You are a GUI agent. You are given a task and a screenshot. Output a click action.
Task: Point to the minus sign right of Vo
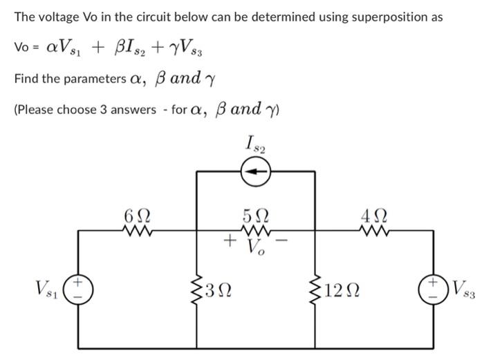tap(282, 240)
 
